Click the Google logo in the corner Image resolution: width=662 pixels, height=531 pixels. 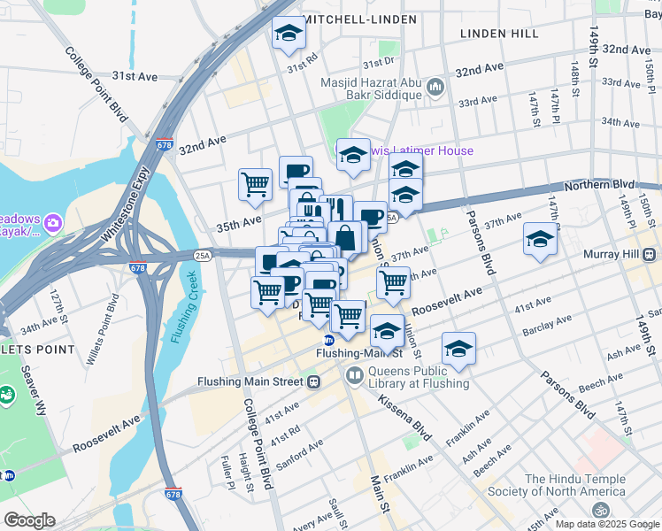pyautogui.click(x=28, y=520)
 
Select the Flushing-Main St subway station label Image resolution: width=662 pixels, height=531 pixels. pyautogui.click(x=359, y=352)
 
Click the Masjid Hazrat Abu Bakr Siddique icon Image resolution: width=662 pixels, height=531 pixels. pyautogui.click(x=435, y=87)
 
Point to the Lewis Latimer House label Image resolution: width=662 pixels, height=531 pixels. pyautogui.click(x=421, y=150)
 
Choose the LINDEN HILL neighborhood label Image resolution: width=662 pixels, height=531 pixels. pyautogui.click(x=499, y=34)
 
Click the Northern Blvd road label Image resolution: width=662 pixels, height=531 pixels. pyautogui.click(x=598, y=184)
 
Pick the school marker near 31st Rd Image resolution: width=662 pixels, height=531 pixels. pyautogui.click(x=289, y=35)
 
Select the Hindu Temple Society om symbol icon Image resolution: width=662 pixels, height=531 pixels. pyautogui.click(x=601, y=512)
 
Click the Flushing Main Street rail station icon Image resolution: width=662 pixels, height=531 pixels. pyautogui.click(x=312, y=382)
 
